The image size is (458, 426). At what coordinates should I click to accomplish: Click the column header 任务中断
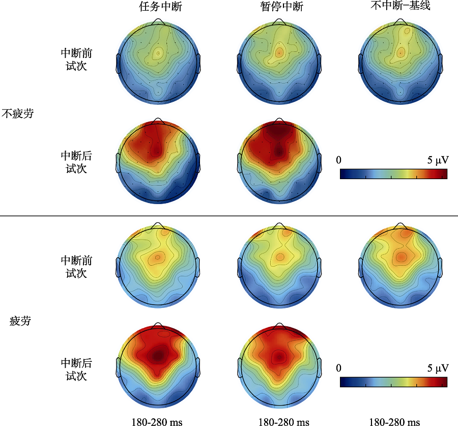pos(158,8)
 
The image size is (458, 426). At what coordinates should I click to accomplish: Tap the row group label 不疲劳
pos(18,113)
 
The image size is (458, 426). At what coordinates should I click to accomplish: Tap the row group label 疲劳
pos(20,321)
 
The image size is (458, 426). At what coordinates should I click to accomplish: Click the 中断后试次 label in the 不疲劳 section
pos(76,162)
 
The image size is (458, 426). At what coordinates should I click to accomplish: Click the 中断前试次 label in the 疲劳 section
pos(76,267)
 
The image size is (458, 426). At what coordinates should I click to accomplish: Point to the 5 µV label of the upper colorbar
pos(438,160)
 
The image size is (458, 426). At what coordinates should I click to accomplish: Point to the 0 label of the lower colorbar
pos(339,368)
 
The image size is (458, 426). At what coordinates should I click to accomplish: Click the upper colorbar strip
pos(393,174)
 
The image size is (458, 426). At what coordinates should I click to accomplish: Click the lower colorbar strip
pos(393,382)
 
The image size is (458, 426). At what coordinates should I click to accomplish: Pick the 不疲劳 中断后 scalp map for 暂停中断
pos(279,162)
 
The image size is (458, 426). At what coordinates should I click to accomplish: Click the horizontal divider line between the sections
pos(229,216)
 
